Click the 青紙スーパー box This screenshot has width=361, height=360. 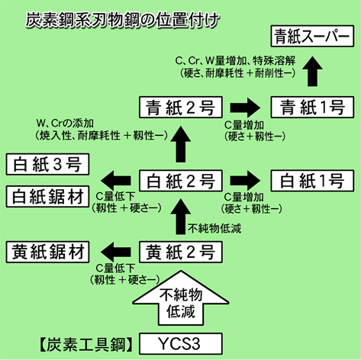(312, 36)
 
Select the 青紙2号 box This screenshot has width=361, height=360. (181, 107)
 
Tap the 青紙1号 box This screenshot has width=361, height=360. (312, 107)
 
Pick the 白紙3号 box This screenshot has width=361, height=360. (47, 164)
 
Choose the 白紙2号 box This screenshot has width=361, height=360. (181, 181)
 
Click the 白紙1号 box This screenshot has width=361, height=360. (312, 181)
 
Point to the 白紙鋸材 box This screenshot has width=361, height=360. (47, 197)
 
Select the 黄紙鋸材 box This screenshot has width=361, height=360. (47, 252)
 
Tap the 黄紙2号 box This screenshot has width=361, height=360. (181, 252)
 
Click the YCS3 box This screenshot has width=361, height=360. (181, 344)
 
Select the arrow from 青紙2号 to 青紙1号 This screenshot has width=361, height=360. (245, 108)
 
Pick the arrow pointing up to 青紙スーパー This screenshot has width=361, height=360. (312, 71)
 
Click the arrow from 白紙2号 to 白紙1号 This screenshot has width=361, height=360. (245, 180)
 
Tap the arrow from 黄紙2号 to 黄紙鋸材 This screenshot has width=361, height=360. (116, 252)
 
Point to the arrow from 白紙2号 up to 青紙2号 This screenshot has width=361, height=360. (181, 143)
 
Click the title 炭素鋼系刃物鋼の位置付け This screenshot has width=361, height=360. (122, 20)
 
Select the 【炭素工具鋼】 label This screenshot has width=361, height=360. (86, 345)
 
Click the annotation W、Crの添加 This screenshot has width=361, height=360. (65, 124)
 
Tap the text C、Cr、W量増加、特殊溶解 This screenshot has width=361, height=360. (235, 61)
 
